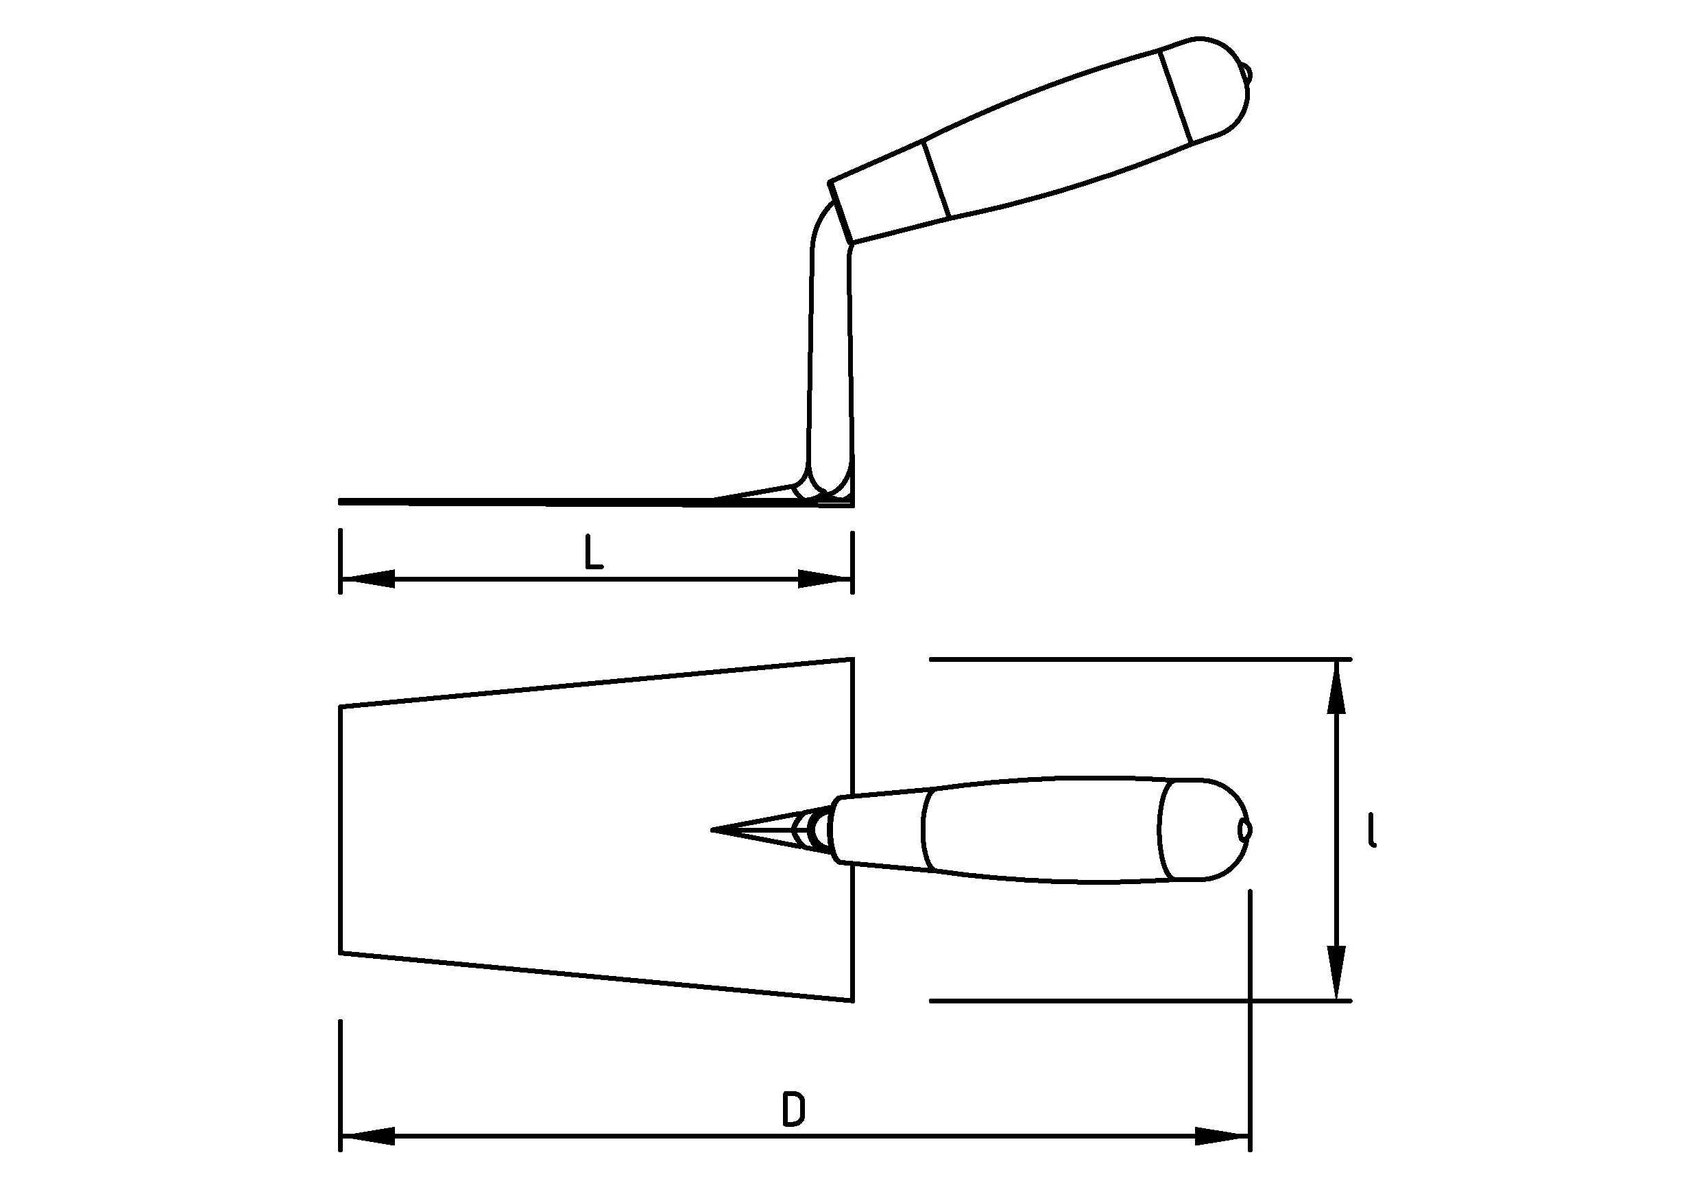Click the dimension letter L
[x=594, y=553]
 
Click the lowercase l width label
[x=1373, y=829]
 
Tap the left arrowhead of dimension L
[x=367, y=579]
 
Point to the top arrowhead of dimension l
[x=1336, y=687]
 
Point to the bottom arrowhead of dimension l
[x=1336, y=973]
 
